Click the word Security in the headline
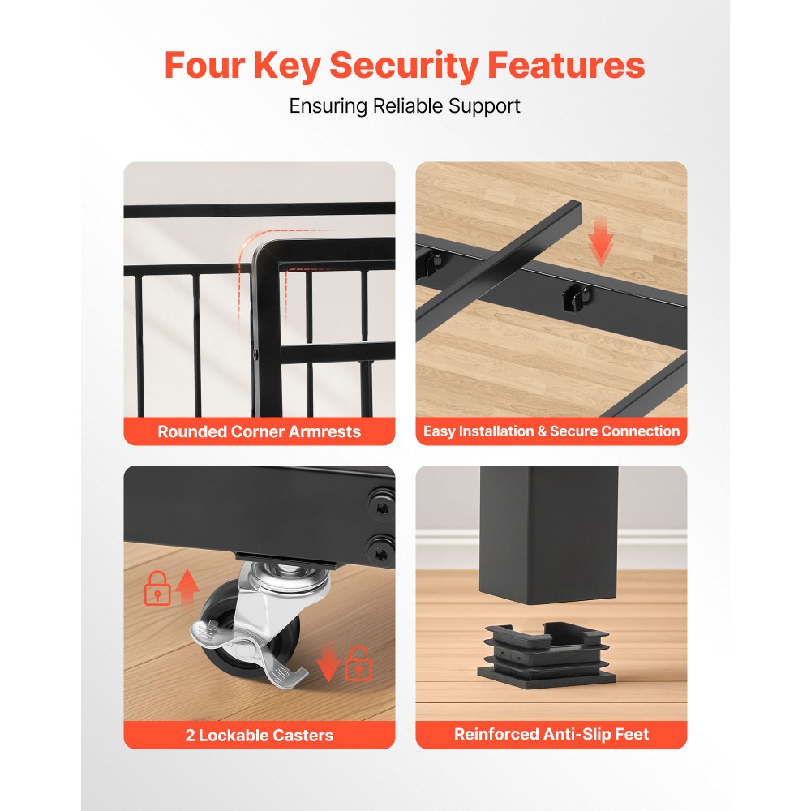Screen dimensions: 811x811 point(403,67)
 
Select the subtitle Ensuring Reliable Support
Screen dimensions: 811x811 point(405,106)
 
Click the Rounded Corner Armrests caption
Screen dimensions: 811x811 point(260,431)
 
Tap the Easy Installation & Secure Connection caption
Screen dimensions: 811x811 point(551,431)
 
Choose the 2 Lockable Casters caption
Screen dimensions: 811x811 point(260,735)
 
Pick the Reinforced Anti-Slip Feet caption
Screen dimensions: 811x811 point(551,734)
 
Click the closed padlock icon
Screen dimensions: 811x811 point(157,589)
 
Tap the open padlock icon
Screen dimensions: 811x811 point(358,664)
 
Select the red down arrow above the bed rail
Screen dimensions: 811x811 point(600,242)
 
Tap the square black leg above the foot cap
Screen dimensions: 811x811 point(549,534)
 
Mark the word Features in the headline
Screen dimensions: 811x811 point(566,65)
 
